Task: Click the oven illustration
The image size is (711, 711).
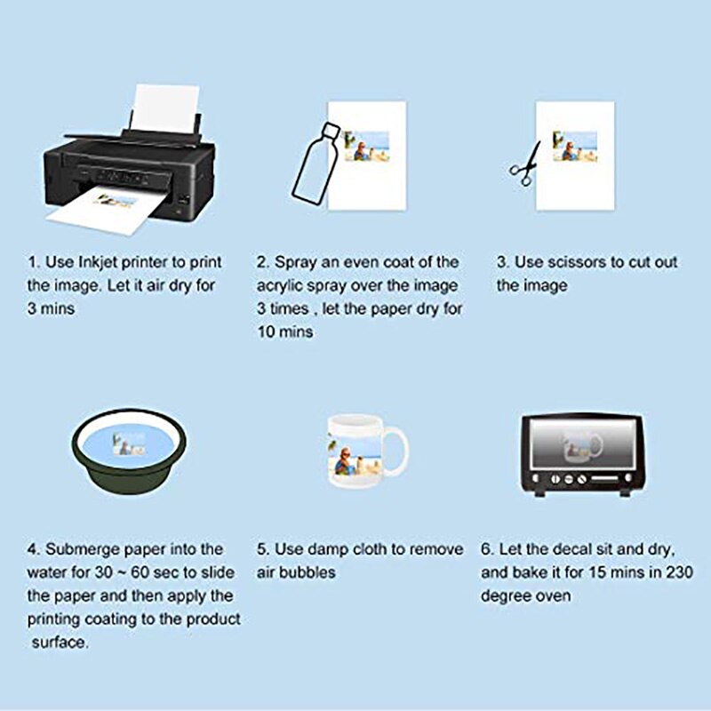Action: click(x=580, y=453)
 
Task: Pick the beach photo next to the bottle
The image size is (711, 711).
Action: click(x=367, y=146)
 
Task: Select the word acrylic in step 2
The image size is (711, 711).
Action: click(x=282, y=285)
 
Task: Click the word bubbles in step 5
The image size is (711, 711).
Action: click(x=308, y=572)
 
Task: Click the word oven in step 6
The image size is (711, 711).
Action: click(x=549, y=595)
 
